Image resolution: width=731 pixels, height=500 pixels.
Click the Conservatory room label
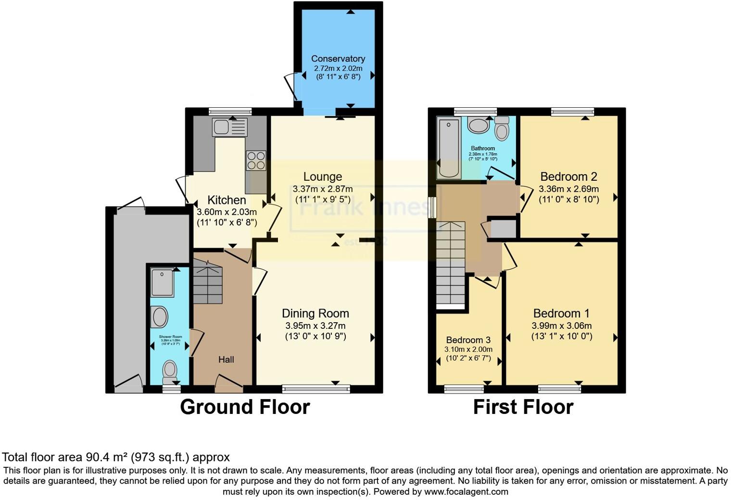pos(338,59)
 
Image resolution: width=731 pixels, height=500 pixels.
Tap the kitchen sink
pos(230,127)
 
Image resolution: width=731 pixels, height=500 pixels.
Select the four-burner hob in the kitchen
pos(256,161)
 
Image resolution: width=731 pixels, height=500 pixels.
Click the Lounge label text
pos(323,176)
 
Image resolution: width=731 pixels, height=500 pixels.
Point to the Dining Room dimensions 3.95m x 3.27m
pos(315,325)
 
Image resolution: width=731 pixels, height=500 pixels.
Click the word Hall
pos(226,360)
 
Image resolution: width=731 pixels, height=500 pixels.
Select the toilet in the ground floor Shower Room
pos(169,371)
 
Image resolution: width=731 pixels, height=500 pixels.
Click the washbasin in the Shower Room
pos(159,317)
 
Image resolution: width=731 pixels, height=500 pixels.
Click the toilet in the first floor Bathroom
pos(502,129)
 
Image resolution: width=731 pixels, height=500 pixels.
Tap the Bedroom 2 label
pos(568,176)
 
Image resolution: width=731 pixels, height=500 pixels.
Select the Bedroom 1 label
pos(561,313)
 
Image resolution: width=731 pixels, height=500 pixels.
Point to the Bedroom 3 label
pos(468,340)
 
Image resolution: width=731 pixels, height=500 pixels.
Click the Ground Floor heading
pos(245,407)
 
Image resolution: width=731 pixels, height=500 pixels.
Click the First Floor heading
pos(523,407)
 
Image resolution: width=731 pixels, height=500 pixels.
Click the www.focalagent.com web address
pos(466,492)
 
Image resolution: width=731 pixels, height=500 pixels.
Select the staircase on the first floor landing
pos(451,264)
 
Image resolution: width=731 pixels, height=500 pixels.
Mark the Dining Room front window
pos(315,388)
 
